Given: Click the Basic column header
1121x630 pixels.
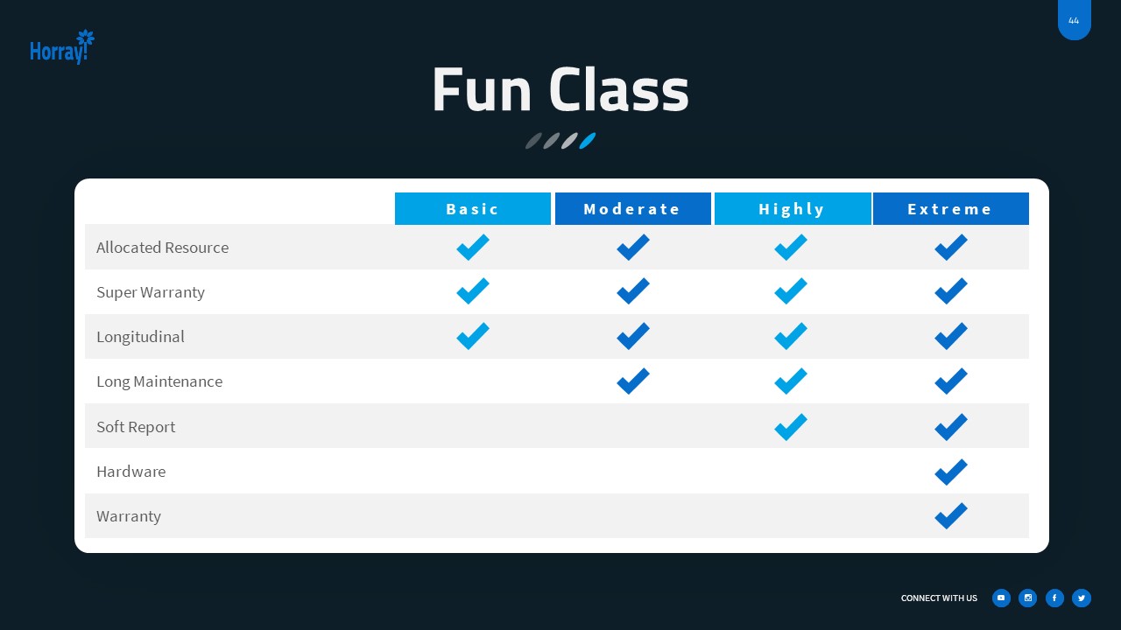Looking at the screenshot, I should pos(473,209).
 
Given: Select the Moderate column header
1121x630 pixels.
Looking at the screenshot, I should pos(632,209).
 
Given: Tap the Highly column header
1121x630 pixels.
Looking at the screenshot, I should pos(792,209).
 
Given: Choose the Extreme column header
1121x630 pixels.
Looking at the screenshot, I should pos(950,209).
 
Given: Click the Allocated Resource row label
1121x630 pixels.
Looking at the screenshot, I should pos(162,248).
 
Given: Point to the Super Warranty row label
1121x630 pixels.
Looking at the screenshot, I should pos(151,292).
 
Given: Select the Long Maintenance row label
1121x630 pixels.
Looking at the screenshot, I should pos(159,381).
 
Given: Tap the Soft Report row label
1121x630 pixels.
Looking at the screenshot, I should pos(136,427).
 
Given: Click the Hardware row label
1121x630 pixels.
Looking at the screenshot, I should pos(130,472).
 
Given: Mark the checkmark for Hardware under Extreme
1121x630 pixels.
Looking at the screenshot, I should pos(950,472).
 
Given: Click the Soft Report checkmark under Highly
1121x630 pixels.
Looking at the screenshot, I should pos(791,427).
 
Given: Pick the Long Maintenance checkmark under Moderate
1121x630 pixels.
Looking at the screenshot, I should pos(632,381).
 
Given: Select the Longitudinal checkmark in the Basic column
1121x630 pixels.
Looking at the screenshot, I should pos(473,336).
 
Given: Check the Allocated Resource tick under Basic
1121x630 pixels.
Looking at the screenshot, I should pos(473,248).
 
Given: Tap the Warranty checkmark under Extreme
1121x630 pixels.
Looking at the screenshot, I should pos(950,516).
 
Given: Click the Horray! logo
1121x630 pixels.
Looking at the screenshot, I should pos(61,48).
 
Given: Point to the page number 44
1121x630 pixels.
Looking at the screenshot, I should pos(1074,21).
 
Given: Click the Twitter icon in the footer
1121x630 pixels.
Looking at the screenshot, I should pos(1082,598).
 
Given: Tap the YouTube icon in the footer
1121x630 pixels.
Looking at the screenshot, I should pos(1001,598).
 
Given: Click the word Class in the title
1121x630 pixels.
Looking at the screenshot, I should pos(618,91).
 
